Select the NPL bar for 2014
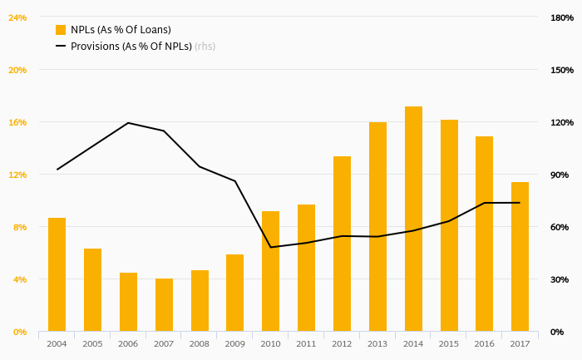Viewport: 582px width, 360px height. [x=413, y=219]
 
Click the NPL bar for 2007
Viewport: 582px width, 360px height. [x=164, y=305]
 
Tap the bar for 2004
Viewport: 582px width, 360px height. [x=57, y=274]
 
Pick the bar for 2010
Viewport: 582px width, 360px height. [x=270, y=271]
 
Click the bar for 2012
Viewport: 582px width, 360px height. [x=342, y=244]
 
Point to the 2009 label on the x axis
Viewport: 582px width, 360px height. [x=234, y=343]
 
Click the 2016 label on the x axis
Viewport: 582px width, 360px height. [x=484, y=343]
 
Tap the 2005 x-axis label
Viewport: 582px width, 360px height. [x=92, y=343]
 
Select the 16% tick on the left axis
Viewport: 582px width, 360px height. [x=17, y=122]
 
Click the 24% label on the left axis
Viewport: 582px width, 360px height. [x=17, y=17]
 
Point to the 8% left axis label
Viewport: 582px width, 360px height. [x=19, y=227]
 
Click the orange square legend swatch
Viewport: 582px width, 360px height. [x=61, y=30]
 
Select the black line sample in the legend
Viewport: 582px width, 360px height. [x=61, y=46]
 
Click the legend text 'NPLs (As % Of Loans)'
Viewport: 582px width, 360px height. [x=121, y=30]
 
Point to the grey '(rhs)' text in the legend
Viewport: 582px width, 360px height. [x=205, y=46]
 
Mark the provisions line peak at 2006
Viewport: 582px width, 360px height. [x=128, y=123]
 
